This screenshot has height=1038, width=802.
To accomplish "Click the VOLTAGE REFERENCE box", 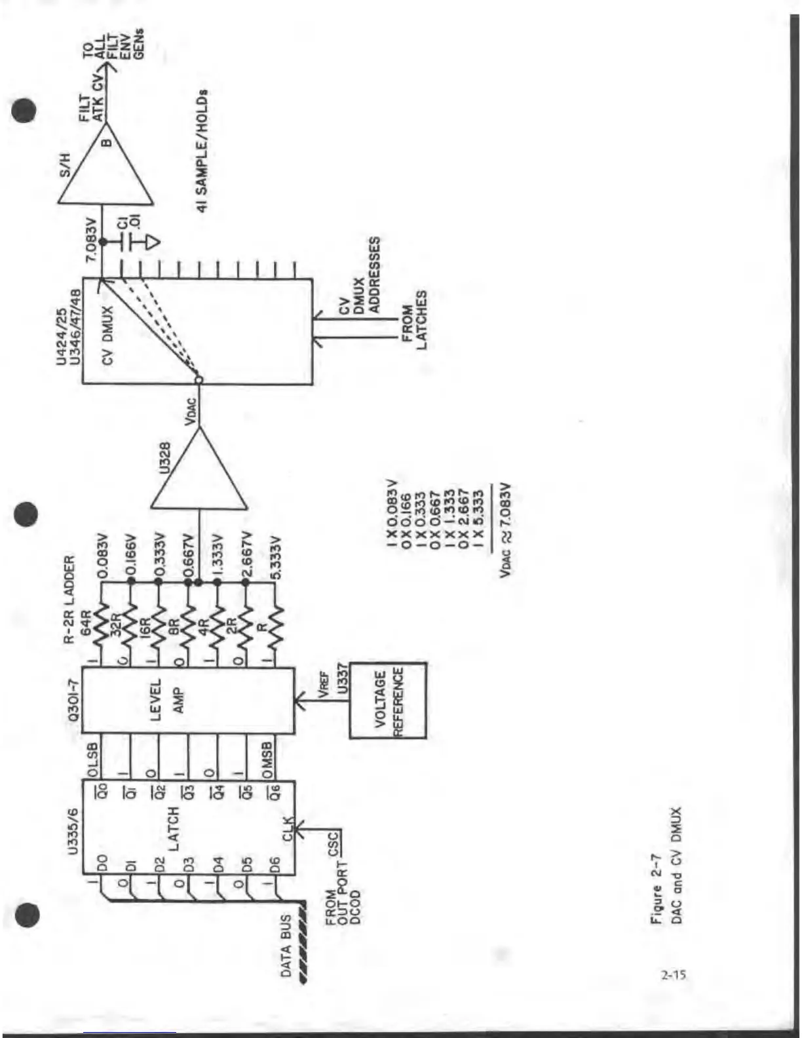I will point(388,701).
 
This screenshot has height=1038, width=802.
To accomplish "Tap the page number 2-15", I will point(674,975).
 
